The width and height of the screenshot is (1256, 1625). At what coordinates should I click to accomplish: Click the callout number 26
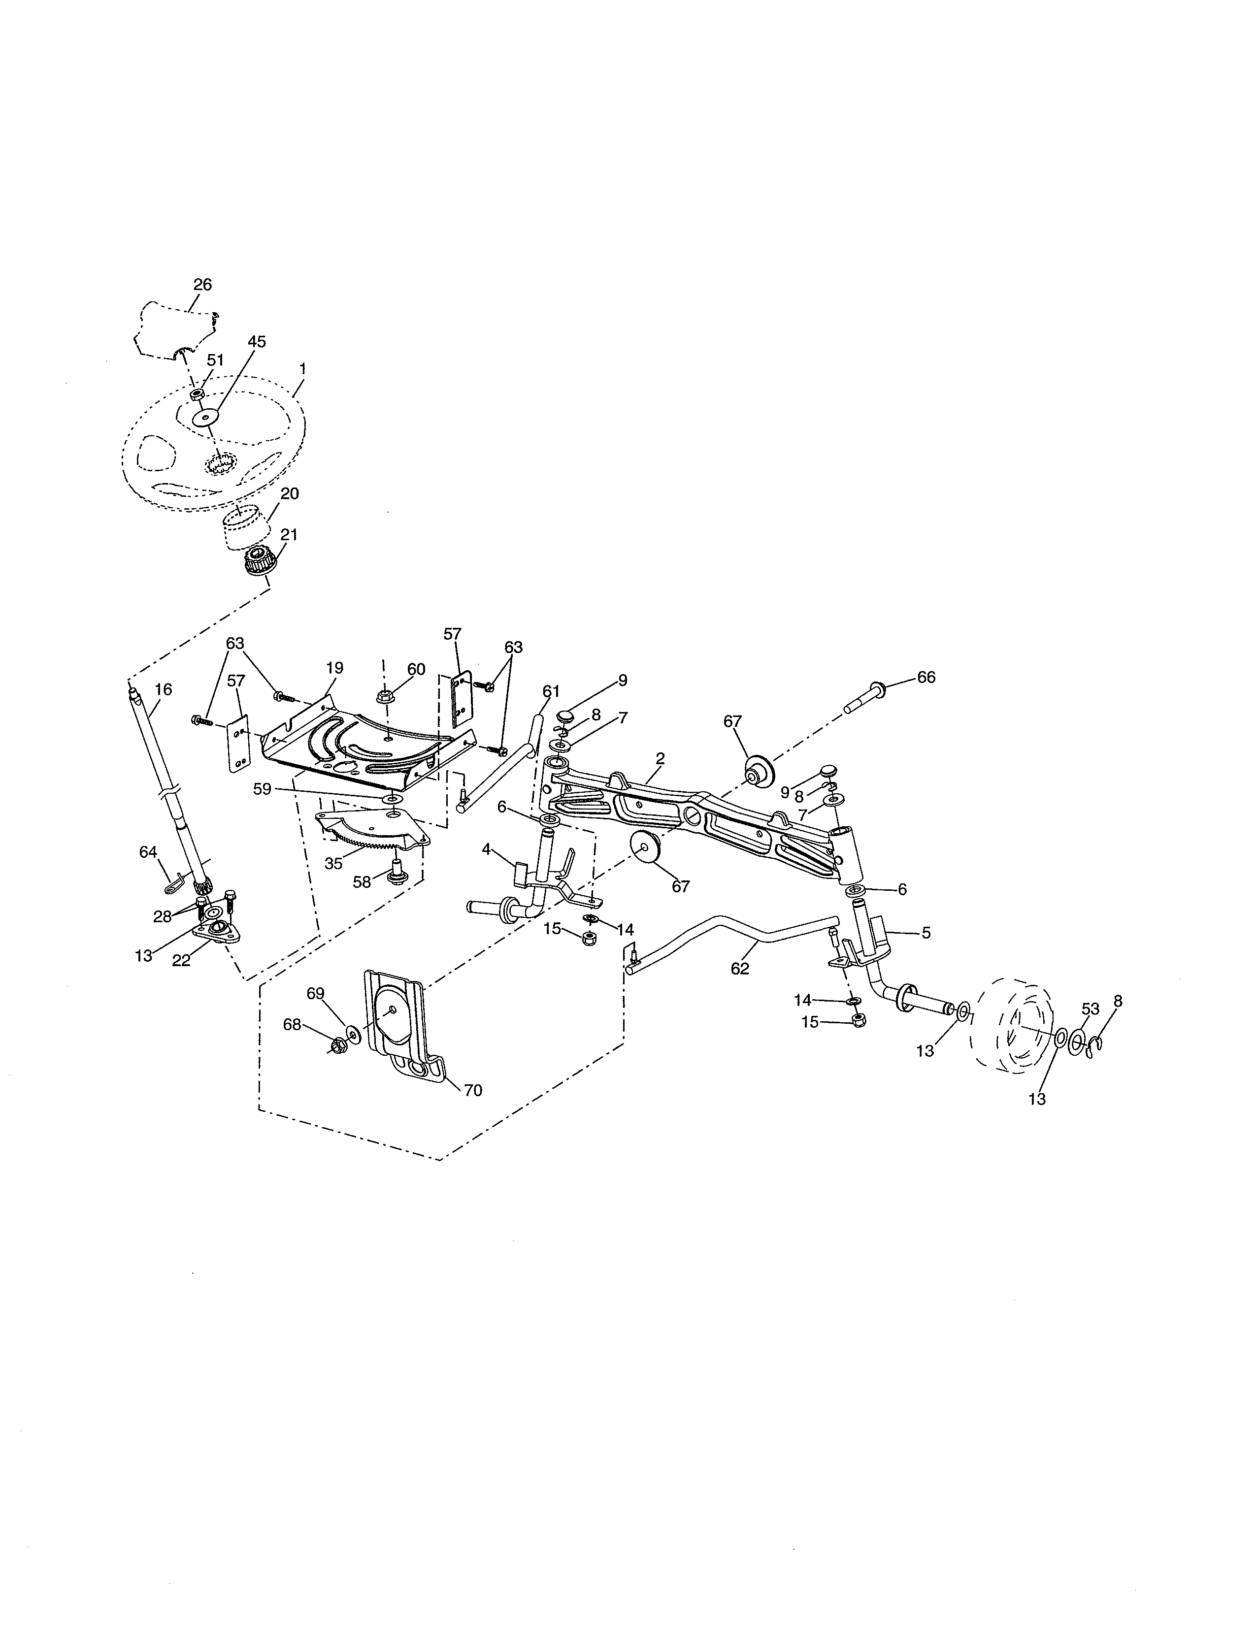pos(202,284)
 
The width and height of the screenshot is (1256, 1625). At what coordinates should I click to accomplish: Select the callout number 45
pos(257,342)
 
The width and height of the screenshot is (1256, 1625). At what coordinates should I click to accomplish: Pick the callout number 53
pos(1090,1009)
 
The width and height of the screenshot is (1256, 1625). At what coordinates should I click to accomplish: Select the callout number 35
pos(333,864)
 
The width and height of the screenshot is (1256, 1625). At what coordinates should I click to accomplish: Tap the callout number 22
pos(181,961)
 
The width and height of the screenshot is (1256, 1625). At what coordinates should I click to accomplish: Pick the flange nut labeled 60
pos(386,697)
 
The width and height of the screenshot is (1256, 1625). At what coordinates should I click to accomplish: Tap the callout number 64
pos(148,851)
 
